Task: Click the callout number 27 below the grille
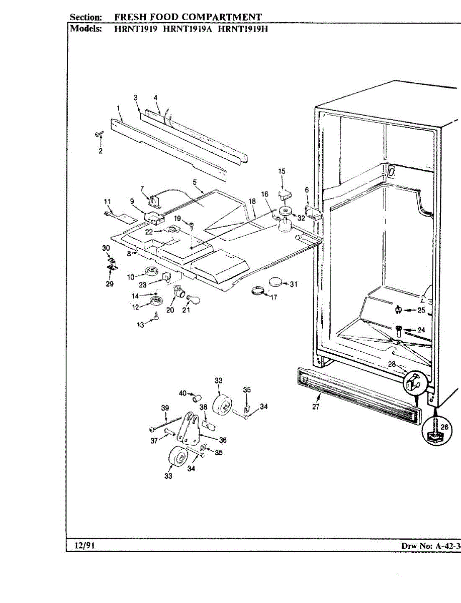click(316, 407)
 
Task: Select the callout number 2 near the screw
click(100, 151)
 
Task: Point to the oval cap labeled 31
click(276, 282)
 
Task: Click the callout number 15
click(282, 172)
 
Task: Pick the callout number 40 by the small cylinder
click(183, 393)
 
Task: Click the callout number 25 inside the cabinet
click(421, 310)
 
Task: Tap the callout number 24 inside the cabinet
click(421, 330)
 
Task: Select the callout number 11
click(107, 202)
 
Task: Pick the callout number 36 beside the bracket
click(223, 440)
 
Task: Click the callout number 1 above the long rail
click(118, 108)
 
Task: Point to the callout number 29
click(110, 284)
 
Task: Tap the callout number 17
click(273, 297)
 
